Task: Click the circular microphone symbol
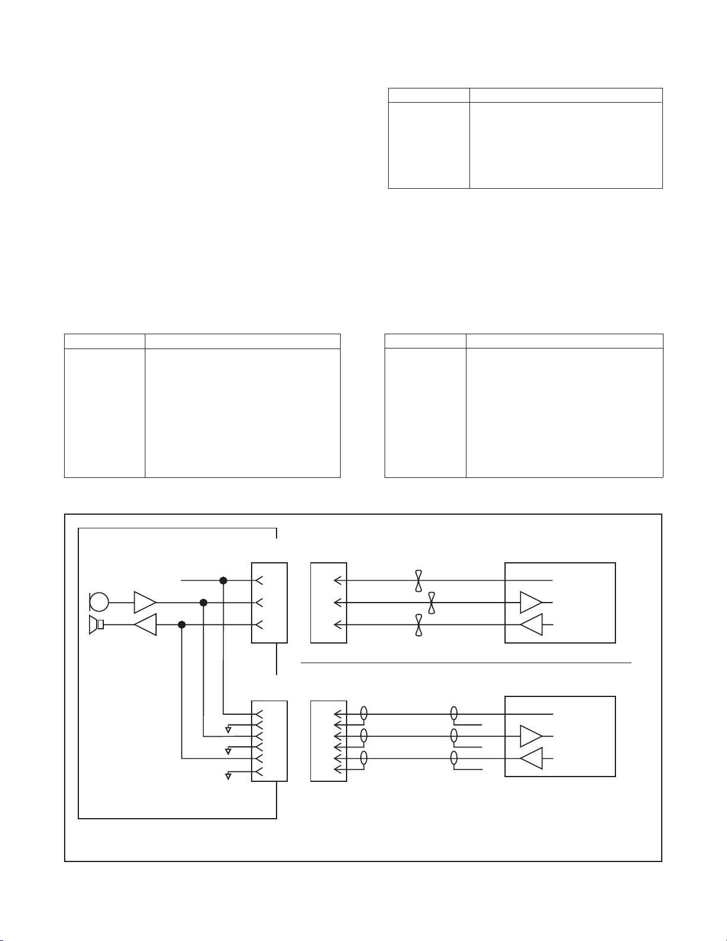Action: (99, 602)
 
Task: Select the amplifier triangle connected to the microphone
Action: (144, 602)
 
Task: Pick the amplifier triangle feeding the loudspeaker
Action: (145, 625)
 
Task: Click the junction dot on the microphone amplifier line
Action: (203, 603)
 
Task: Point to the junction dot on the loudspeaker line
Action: (182, 625)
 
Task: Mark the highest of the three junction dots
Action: (223, 580)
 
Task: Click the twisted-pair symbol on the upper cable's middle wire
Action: (431, 603)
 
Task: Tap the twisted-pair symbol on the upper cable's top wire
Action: (419, 580)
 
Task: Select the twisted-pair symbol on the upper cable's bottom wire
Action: (419, 625)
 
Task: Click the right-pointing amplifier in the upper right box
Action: (531, 602)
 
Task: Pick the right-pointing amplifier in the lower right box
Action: (531, 736)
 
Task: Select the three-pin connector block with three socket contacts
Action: (269, 603)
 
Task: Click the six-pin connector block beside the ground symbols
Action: (269, 741)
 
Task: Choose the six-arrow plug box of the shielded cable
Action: (329, 741)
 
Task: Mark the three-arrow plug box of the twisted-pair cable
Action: (329, 603)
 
